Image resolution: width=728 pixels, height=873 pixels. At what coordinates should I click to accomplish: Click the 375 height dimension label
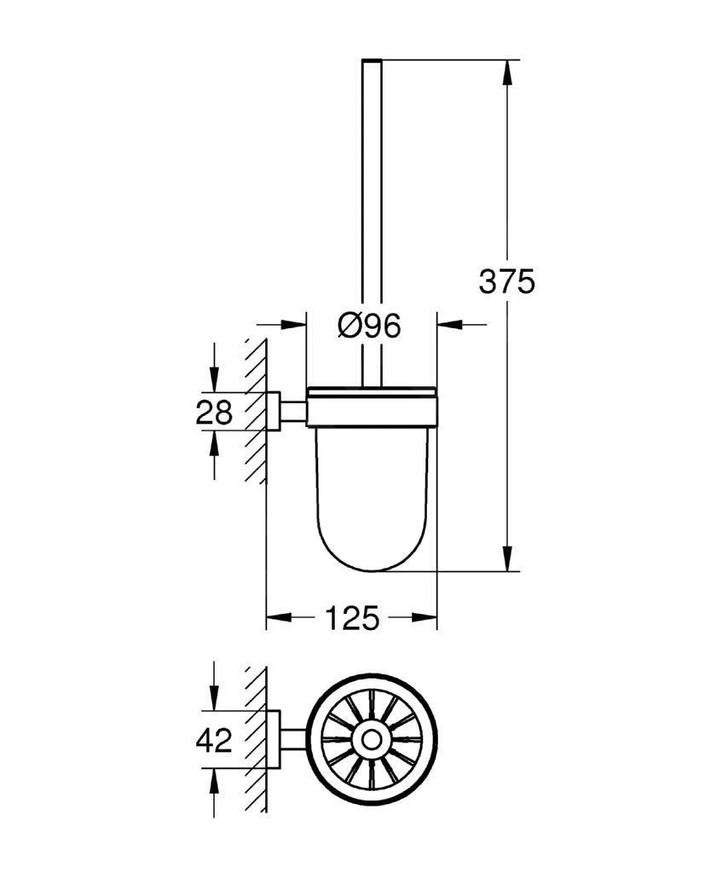pos(506,280)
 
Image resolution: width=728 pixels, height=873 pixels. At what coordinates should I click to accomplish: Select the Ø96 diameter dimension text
pos(368,325)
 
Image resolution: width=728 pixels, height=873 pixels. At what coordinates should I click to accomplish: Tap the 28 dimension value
pos(214,413)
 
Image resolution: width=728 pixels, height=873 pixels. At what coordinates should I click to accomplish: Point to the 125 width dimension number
pos(351,618)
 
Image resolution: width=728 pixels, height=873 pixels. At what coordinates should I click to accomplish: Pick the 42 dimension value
pos(214,740)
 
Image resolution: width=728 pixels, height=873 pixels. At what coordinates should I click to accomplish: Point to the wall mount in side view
pos(274,412)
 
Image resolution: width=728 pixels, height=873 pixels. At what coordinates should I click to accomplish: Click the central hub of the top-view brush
pos(373,740)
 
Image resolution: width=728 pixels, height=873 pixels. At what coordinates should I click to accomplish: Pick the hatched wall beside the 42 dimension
pos(255,740)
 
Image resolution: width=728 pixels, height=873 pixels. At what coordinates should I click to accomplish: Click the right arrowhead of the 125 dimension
pos(425,618)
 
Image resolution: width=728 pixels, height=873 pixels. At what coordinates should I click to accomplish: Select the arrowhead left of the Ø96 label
pos(295,325)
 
